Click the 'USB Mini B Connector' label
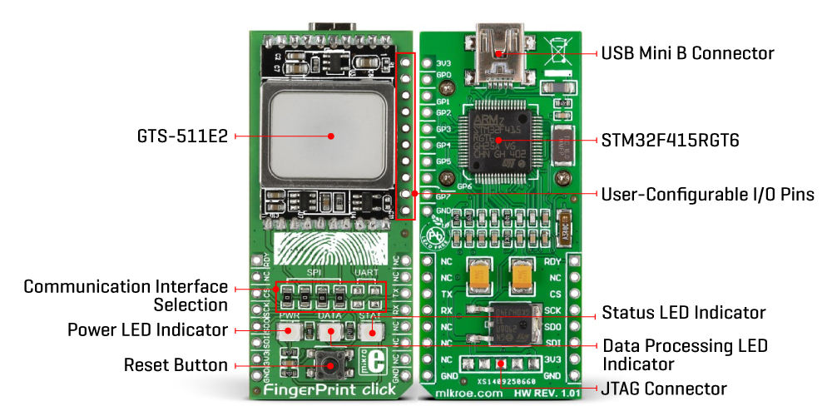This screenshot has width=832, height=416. (x=687, y=53)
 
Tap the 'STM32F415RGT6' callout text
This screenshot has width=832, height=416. (x=670, y=141)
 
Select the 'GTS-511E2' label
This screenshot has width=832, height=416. (x=184, y=136)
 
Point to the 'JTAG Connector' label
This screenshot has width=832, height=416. (x=665, y=389)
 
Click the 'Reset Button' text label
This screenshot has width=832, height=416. (x=176, y=364)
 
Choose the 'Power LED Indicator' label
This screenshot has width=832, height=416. (x=147, y=329)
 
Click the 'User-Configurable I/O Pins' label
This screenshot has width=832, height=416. (x=708, y=194)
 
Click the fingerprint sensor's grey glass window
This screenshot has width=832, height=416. (x=330, y=135)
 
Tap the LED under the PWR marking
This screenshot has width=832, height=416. (x=290, y=332)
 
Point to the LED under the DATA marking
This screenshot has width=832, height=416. (x=330, y=332)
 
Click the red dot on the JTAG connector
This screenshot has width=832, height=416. (x=501, y=365)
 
